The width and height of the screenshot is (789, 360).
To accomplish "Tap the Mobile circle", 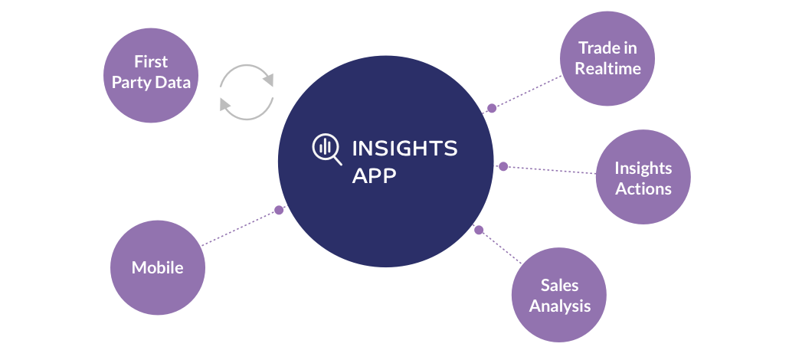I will coord(157,267).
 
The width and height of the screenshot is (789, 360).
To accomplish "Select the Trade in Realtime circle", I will coord(607,58).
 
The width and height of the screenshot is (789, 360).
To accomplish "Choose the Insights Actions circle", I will coord(643,178).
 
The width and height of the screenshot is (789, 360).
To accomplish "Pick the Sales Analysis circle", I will coord(558,295).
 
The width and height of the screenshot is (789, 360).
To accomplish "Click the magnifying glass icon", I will coord(327,149).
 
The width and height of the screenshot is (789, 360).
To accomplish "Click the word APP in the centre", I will coord(375,175).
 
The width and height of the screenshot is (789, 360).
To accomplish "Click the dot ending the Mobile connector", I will coord(279,210).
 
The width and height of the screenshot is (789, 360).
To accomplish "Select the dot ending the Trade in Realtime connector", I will coord(492,109).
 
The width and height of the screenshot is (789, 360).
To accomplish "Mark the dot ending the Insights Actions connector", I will coord(503,166).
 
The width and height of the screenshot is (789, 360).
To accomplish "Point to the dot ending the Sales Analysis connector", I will coord(479,230).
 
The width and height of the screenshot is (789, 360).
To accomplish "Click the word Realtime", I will coord(607,68).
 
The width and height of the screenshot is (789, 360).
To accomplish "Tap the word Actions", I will coord(643,188).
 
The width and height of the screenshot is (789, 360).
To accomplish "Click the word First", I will coord(151,62).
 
